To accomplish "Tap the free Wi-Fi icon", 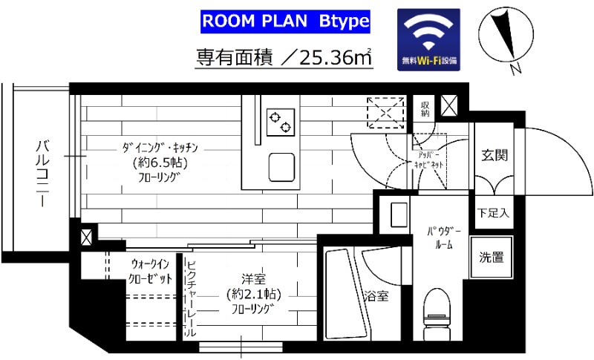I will point(429,39).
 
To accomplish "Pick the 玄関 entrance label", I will point(494,155).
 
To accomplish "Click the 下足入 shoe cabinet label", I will point(494,214).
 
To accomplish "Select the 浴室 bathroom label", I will point(375,296).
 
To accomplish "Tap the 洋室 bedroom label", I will point(254,279).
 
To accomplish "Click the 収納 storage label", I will point(425,109).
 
